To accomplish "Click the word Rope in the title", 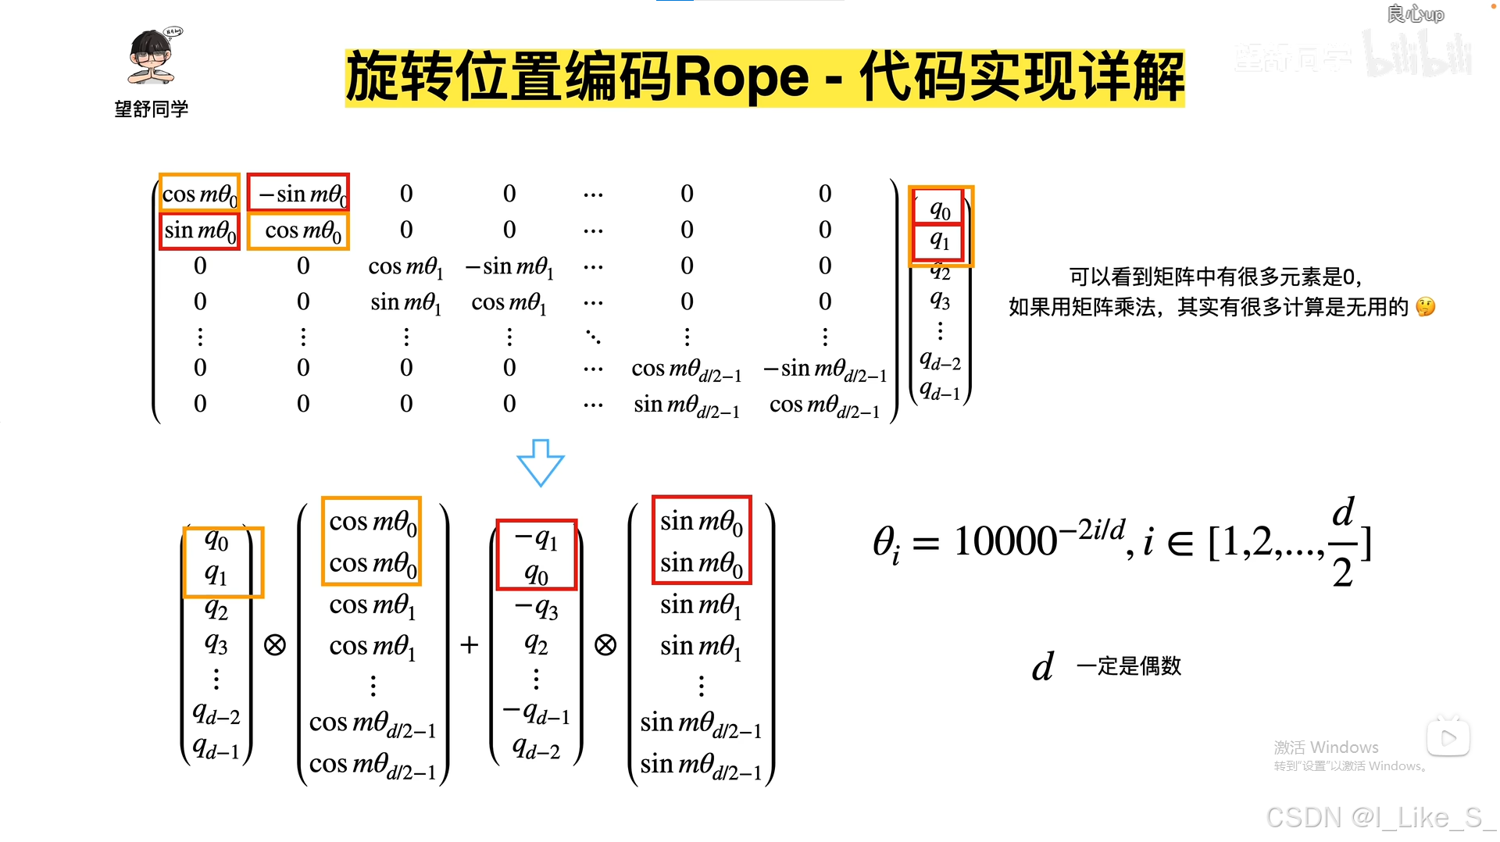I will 741,77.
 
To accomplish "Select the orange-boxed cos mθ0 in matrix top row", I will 199,193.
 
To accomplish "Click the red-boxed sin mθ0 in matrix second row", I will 199,230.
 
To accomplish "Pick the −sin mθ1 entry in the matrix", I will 509,266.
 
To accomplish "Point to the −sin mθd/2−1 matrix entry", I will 824,368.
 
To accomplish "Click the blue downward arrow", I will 540,462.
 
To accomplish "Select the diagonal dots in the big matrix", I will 593,337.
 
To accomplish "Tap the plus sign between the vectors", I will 469,644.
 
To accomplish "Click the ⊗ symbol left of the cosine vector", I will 274,644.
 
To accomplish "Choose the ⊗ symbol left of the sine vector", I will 605,644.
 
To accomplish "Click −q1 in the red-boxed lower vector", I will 536,539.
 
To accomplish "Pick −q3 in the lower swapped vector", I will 536,608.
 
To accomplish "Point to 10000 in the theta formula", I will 1005,541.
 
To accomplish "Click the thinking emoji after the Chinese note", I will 1425,307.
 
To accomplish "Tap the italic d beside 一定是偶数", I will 1042,667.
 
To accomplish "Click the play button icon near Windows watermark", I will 1448,737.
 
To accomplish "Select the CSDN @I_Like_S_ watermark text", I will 1379,817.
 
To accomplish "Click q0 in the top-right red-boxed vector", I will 940,209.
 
